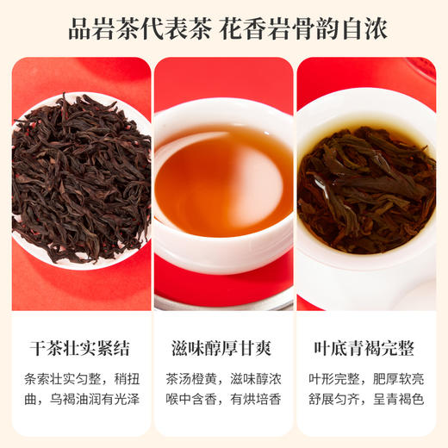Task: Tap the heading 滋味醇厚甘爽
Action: click(224, 349)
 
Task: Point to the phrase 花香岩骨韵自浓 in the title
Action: click(305, 28)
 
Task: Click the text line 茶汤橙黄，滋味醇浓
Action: click(224, 380)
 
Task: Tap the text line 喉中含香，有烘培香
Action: click(224, 401)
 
